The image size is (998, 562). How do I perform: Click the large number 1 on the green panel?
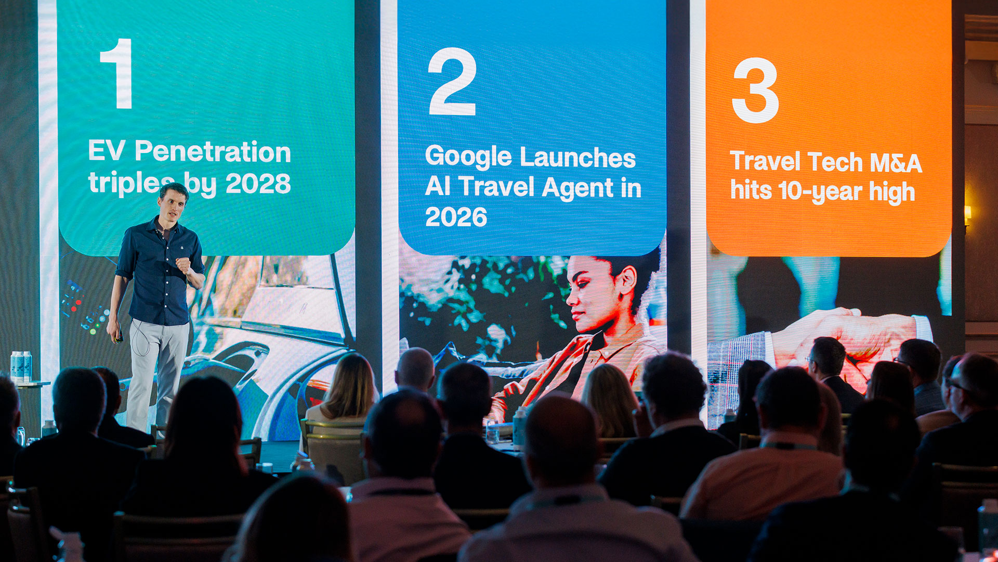pos(118,73)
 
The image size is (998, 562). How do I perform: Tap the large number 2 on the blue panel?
pos(452,81)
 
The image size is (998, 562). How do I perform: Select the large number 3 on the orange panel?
pos(755,90)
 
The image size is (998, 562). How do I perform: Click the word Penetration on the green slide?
pos(213,151)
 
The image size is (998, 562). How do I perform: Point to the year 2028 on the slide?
pos(258,183)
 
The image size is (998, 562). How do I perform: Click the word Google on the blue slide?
pos(468,157)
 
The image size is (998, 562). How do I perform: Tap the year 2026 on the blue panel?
pos(456,217)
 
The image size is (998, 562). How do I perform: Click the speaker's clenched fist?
pos(183,264)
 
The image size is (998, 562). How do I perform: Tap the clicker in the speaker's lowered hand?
pos(119,337)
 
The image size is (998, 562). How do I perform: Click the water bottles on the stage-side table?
pos(21,366)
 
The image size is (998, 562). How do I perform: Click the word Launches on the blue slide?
pos(577,157)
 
